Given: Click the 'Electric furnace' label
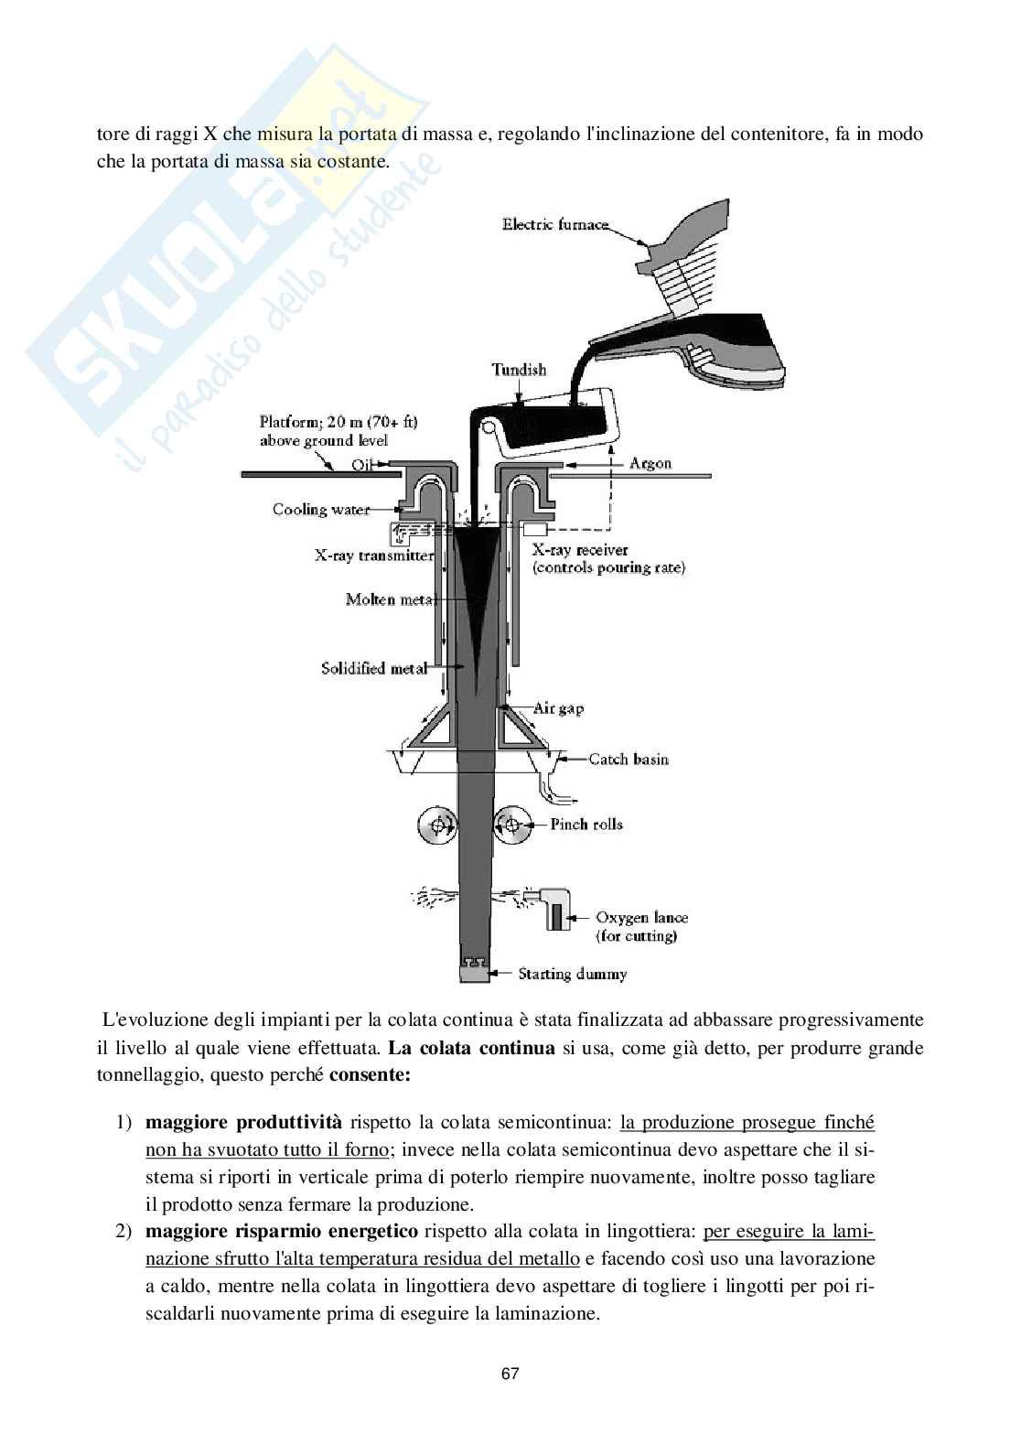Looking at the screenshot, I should coord(554,224).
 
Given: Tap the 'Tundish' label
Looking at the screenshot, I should coord(519,370).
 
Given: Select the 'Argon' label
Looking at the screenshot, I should coord(650,463).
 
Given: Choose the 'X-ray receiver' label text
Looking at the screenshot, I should coord(580,550).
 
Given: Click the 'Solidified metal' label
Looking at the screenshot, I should coord(373,669).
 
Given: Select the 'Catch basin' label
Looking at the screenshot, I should coord(629,759).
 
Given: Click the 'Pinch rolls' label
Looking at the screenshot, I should coord(586,825).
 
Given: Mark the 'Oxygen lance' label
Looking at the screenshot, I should coord(641,918).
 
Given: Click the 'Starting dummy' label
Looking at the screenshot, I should coord(573,974).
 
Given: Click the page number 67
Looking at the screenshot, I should coord(510,1374).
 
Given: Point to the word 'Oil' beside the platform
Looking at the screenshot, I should coord(364,464).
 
